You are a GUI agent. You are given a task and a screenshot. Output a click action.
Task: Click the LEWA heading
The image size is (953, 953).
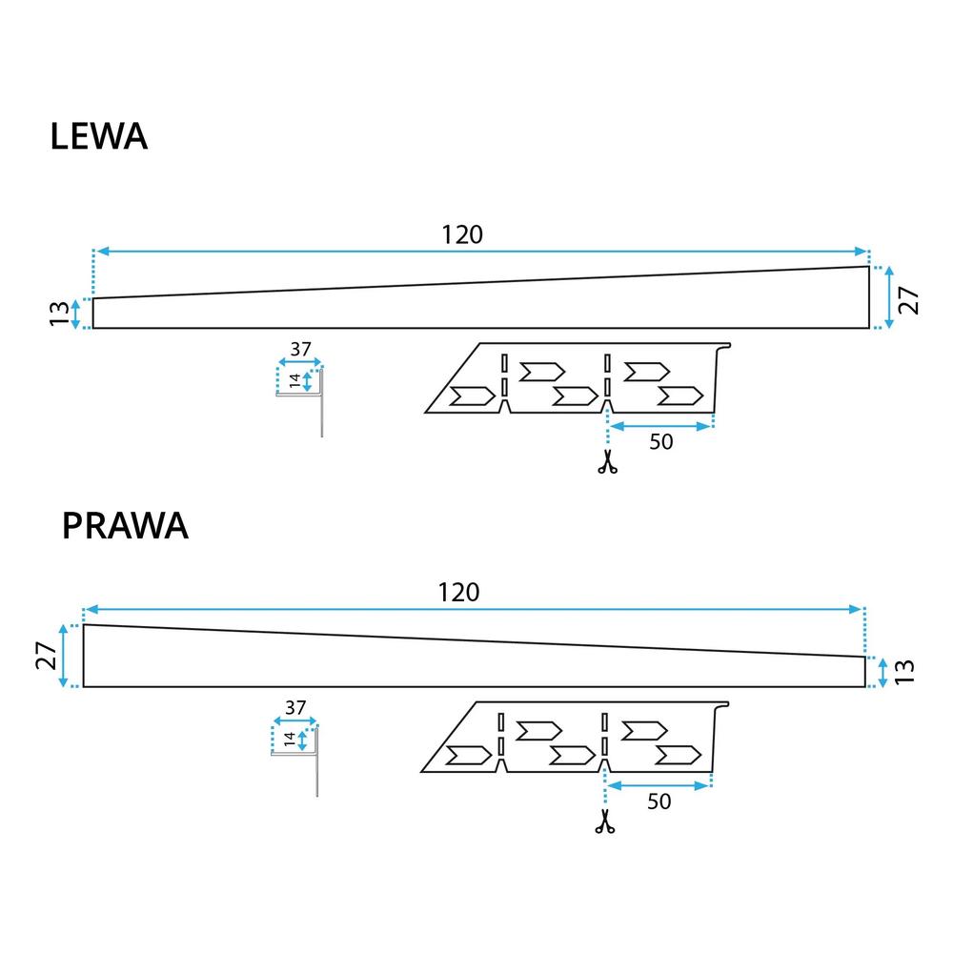click(x=98, y=136)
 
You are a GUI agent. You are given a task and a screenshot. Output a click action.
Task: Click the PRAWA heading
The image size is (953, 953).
click(x=125, y=526)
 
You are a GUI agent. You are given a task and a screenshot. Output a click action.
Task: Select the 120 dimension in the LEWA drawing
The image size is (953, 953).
click(x=462, y=234)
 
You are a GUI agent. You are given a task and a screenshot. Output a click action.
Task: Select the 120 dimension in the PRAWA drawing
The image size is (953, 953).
click(x=458, y=592)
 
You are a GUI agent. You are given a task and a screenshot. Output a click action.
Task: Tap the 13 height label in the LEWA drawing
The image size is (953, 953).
click(x=58, y=313)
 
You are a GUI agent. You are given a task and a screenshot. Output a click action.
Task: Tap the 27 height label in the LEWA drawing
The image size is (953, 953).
click(x=910, y=297)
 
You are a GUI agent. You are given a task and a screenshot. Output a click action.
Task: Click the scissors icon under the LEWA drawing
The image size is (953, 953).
click(x=606, y=464)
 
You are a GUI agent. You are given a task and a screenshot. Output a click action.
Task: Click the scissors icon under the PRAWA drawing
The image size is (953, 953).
click(x=603, y=821)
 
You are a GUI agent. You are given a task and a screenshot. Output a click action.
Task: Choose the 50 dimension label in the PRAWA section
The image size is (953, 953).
click(x=658, y=801)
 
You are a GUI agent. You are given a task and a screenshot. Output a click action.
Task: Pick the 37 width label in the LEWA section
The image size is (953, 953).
click(x=300, y=350)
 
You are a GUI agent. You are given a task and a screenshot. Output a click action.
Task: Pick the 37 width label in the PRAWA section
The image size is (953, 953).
click(x=294, y=708)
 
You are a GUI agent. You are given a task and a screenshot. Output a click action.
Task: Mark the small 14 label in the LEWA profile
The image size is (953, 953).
click(x=295, y=381)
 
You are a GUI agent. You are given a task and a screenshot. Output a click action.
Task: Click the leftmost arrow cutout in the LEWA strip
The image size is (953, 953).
click(x=471, y=395)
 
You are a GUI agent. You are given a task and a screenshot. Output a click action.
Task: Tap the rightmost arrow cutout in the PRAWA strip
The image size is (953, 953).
click(x=678, y=755)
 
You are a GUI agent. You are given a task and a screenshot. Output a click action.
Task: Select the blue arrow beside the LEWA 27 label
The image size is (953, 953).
click(x=889, y=297)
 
